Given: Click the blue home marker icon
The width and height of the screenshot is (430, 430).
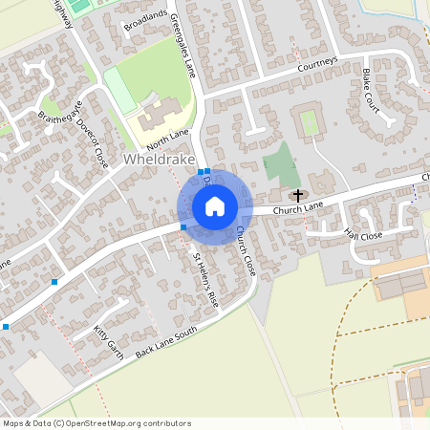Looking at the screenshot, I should pyautogui.click(x=215, y=205).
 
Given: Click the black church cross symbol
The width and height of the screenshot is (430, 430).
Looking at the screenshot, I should pyautogui.click(x=299, y=194).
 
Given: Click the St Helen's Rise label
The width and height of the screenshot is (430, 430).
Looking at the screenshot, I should pyautogui.click(x=207, y=280).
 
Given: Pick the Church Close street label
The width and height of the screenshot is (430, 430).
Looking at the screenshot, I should pyautogui.click(x=246, y=251).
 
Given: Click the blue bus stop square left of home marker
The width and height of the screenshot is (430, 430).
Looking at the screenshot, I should pyautogui.click(x=183, y=226).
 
